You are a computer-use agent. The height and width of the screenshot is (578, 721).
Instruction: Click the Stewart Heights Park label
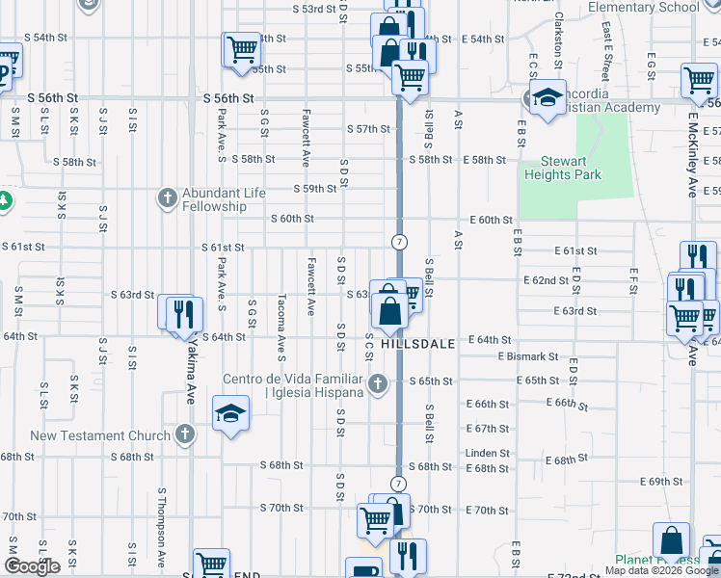coord(563,168)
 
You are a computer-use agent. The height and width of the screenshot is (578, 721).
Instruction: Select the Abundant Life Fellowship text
coord(214,199)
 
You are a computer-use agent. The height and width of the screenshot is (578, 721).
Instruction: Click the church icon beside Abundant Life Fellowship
coord(167,199)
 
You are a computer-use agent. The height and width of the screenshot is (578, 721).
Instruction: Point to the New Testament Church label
coord(100,435)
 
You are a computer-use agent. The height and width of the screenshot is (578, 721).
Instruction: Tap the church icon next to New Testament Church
coord(184,435)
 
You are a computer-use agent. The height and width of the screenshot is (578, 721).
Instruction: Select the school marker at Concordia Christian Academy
coord(547,98)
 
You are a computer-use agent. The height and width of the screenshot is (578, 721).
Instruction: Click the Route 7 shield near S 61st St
coord(398,240)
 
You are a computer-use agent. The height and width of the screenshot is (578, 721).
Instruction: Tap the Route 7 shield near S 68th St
coord(398,482)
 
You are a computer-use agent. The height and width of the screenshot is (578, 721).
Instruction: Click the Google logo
coord(32,566)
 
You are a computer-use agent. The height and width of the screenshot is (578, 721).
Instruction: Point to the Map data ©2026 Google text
coord(662,570)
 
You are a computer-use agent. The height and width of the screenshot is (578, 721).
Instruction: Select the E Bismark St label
coord(528,356)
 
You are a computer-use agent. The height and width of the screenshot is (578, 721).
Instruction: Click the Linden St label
coord(488,453)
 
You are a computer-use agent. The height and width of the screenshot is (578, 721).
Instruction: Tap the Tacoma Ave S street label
coord(281,323)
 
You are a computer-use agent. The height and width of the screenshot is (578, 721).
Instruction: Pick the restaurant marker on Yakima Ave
coord(181,313)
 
